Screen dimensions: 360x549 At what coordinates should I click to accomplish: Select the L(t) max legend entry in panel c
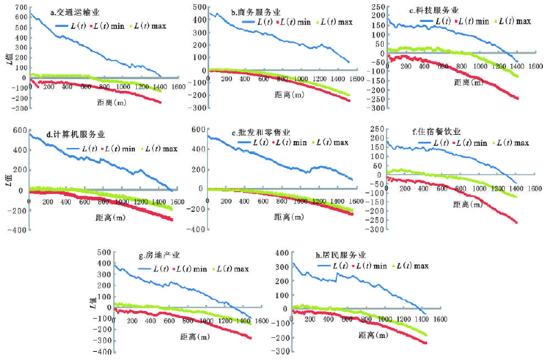(x=508, y=21)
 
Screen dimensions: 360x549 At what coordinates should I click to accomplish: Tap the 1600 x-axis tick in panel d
(x=176, y=202)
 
